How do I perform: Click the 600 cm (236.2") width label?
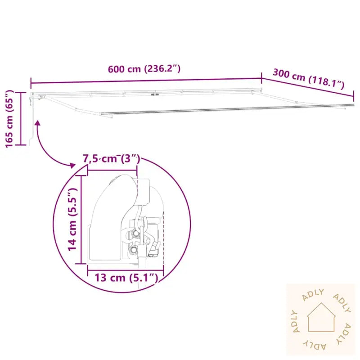coord(144,69)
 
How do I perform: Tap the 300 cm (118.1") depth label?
coord(309,79)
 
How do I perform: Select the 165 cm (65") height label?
coord(9,119)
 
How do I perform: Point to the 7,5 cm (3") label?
coord(111,159)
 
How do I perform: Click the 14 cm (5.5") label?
coord(72,219)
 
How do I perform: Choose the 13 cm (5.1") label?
coord(126,278)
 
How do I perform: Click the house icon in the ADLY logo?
coord(321,317)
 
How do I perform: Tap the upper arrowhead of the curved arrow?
coord(37,123)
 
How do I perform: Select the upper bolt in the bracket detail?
coord(135,234)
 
